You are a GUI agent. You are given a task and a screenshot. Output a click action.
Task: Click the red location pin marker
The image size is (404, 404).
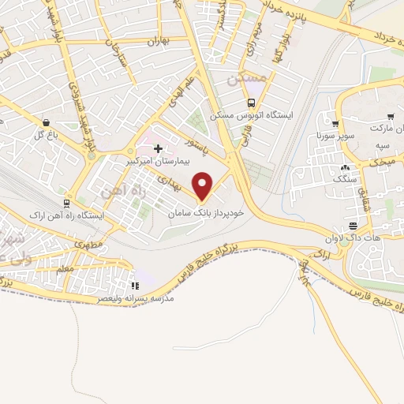(x=204, y=186)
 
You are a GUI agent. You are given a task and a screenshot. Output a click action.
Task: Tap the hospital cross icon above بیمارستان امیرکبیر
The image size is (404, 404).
(x=158, y=148)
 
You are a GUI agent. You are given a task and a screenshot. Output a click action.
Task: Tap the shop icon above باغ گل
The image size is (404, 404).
(x=48, y=123)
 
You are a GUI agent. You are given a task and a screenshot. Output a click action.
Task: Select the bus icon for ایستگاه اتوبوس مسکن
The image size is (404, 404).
(x=251, y=102)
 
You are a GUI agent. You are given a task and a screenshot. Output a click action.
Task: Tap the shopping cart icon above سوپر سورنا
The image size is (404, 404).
(x=335, y=124)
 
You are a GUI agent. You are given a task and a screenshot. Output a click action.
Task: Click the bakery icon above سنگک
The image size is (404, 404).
(x=344, y=167)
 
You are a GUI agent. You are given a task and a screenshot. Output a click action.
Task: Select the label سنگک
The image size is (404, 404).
(x=345, y=180)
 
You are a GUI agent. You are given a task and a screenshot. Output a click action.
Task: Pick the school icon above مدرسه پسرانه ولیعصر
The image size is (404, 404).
(x=134, y=286)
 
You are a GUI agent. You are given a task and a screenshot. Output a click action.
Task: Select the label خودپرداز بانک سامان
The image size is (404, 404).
(x=207, y=213)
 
